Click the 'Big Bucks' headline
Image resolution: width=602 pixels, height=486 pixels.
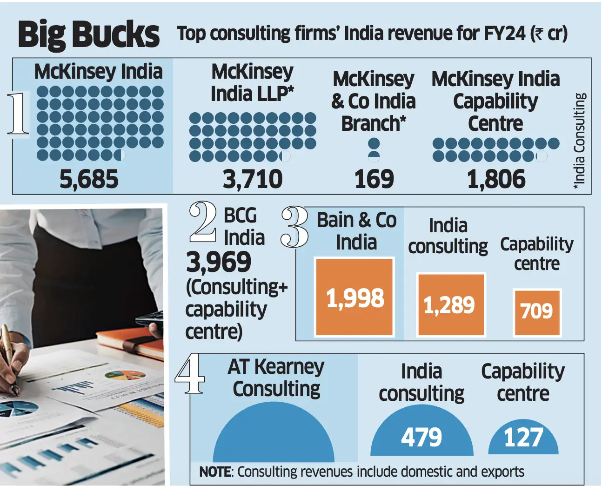click(88, 34)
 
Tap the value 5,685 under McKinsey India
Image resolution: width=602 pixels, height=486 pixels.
click(89, 179)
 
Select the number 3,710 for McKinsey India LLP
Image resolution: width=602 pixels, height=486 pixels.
click(252, 179)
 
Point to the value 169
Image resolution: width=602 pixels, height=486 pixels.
click(374, 179)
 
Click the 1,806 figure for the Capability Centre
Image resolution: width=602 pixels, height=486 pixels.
click(496, 179)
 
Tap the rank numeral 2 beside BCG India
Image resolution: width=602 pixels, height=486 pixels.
click(203, 222)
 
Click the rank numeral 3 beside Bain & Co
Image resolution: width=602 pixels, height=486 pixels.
click(294, 227)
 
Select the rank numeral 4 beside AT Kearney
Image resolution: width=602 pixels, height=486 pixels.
click(189, 374)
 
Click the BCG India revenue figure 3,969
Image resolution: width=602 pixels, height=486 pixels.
click(219, 262)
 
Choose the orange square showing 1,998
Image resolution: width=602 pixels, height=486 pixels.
click(355, 297)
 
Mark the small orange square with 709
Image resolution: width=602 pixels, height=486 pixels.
click(537, 312)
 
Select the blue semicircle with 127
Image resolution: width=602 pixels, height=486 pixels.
click(523, 438)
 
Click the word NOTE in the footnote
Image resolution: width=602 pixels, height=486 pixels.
click(215, 472)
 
